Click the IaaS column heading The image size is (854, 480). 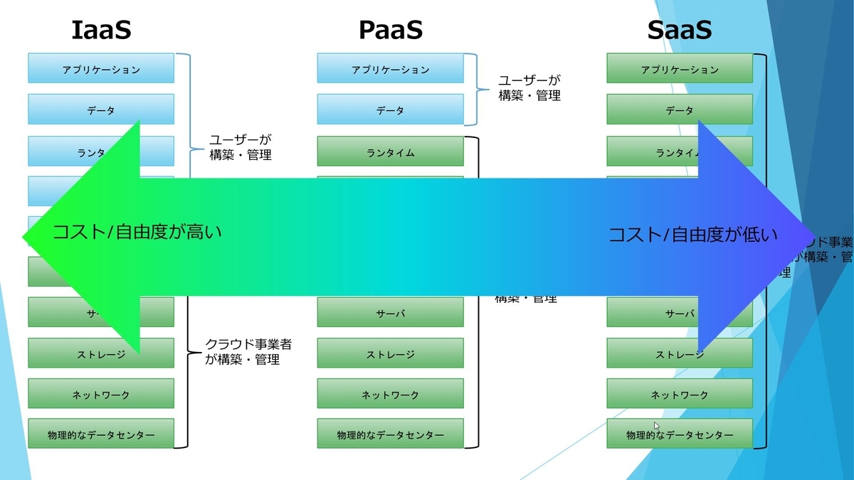click(101, 30)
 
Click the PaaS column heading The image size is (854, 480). click(390, 30)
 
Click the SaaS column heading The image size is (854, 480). click(680, 30)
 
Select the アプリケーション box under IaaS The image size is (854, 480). click(101, 69)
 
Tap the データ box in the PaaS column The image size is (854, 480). click(390, 110)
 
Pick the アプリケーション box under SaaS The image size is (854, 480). click(680, 69)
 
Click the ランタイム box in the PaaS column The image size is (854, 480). click(390, 152)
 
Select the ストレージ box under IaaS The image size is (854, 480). click(101, 353)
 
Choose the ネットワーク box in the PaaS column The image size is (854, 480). click(390, 394)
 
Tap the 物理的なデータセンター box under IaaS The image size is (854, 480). click(101, 434)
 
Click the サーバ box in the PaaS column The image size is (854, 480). click(390, 312)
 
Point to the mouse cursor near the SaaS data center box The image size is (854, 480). click(656, 425)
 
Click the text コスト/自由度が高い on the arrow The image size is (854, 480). click(137, 231)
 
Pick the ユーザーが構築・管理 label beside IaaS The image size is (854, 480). click(241, 147)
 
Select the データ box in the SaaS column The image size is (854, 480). click(680, 110)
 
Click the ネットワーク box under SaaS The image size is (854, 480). click(680, 394)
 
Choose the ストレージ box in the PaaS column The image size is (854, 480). click(390, 353)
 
